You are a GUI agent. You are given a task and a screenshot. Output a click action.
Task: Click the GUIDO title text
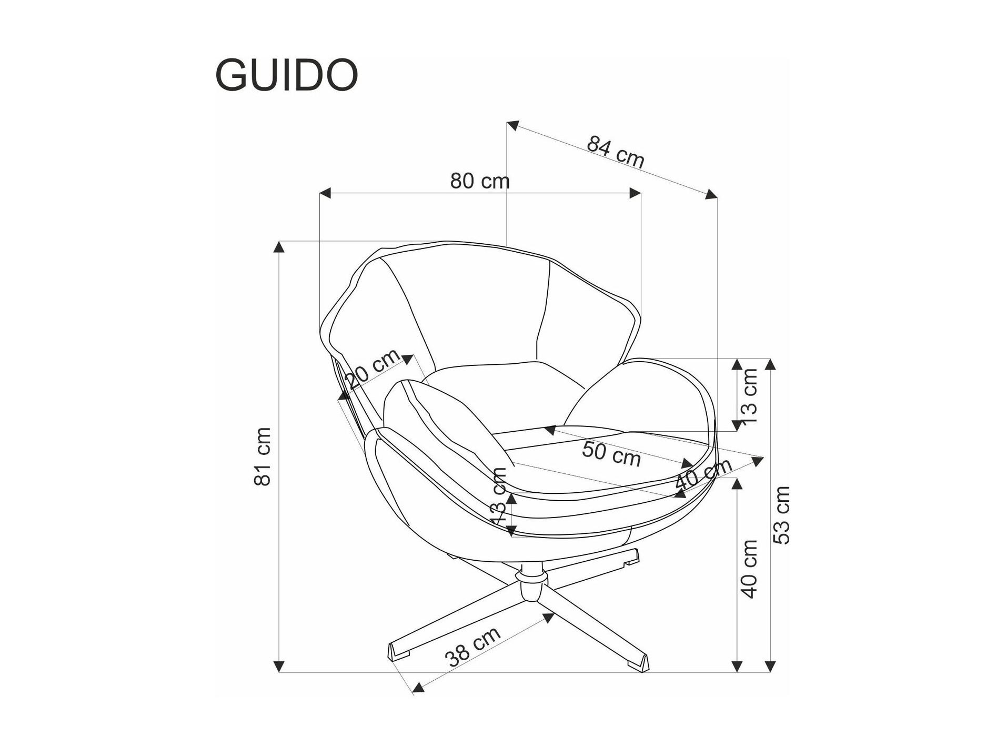tap(287, 75)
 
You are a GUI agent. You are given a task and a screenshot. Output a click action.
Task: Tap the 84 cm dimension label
tap(615, 152)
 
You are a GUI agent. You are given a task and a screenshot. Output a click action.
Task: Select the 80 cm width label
tap(480, 181)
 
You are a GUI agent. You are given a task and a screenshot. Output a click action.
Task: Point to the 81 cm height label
tap(263, 456)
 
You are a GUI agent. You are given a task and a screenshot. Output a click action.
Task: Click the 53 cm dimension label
tap(781, 515)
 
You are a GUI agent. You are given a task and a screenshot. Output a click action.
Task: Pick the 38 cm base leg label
tap(472, 647)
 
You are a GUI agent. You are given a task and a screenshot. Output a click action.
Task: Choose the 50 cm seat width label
tap(611, 454)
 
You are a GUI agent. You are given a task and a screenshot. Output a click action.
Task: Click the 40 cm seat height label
tap(749, 569)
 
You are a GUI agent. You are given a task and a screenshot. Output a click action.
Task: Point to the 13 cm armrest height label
tap(749, 396)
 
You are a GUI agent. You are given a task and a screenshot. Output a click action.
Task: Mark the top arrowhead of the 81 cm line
tap(279, 246)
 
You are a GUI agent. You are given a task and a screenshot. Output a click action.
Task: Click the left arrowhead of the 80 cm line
tap(325, 193)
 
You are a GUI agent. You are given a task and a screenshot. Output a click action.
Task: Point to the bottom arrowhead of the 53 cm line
tap(770, 667)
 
